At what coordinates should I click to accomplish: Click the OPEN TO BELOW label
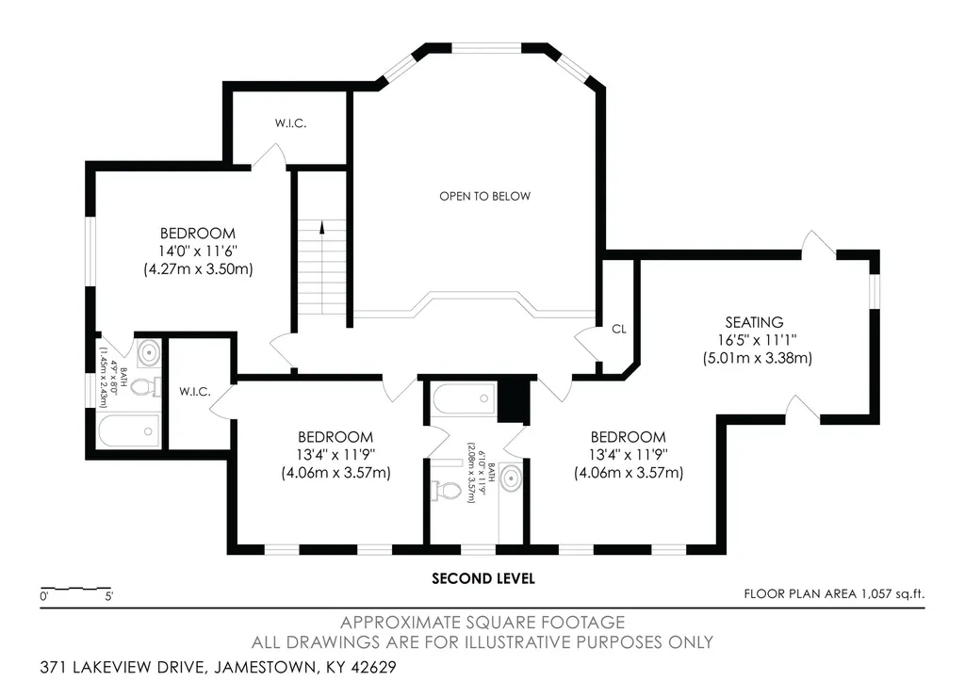coord(484,196)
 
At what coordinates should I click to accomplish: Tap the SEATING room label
coord(754,322)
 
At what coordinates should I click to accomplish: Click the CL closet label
coord(619,329)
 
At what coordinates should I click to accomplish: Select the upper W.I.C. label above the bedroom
coord(290,123)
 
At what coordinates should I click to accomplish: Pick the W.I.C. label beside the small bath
coord(195,392)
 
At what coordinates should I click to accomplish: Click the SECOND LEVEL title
coord(483,579)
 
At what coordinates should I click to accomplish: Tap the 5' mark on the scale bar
coord(109,596)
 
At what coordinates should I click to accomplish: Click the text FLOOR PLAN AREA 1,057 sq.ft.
coord(834,594)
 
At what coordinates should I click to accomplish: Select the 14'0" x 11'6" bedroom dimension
coord(198,251)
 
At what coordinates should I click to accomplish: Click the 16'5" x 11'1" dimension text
coord(757,340)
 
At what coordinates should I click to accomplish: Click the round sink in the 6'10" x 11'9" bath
coord(511,478)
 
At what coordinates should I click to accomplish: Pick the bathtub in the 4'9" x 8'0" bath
coord(129,430)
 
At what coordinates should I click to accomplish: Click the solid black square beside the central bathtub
coord(514,401)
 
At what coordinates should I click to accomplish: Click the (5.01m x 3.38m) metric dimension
coord(757,358)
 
